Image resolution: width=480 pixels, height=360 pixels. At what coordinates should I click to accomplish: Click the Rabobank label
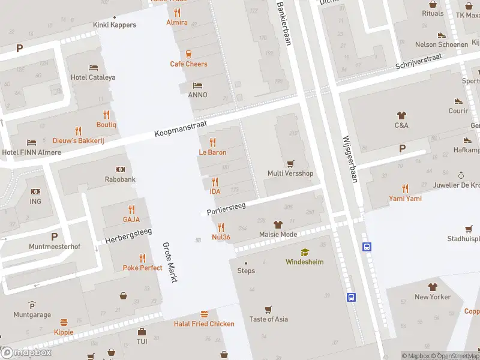point(121,179)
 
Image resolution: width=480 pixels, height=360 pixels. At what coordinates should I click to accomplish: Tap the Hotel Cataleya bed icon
point(93,67)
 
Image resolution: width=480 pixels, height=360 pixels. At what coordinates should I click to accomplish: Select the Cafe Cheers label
point(188,64)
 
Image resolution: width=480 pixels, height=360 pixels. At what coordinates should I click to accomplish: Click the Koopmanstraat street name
point(180,128)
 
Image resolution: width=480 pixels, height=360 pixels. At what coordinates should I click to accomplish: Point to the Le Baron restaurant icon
point(212,142)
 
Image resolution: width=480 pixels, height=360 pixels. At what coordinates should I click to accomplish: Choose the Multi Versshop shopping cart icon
point(290,163)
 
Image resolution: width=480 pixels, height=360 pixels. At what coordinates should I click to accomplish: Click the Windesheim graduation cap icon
point(304,252)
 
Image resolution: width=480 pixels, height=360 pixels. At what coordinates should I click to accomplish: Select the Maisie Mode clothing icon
point(278,224)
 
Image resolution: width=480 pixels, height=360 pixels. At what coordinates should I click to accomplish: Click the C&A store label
point(401,125)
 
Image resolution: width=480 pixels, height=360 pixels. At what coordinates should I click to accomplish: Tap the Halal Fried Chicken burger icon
point(204,314)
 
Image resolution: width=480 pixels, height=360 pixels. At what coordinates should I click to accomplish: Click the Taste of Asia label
point(268,319)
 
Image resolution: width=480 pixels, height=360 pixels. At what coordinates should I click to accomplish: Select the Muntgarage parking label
point(32,314)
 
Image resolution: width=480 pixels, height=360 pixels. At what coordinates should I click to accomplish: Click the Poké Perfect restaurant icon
point(142,258)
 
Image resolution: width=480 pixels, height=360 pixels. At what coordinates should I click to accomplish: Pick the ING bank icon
point(35,191)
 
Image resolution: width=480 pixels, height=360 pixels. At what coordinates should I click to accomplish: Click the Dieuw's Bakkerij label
point(78,140)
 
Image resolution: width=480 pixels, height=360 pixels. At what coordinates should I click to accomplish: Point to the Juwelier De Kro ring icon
point(461,175)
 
